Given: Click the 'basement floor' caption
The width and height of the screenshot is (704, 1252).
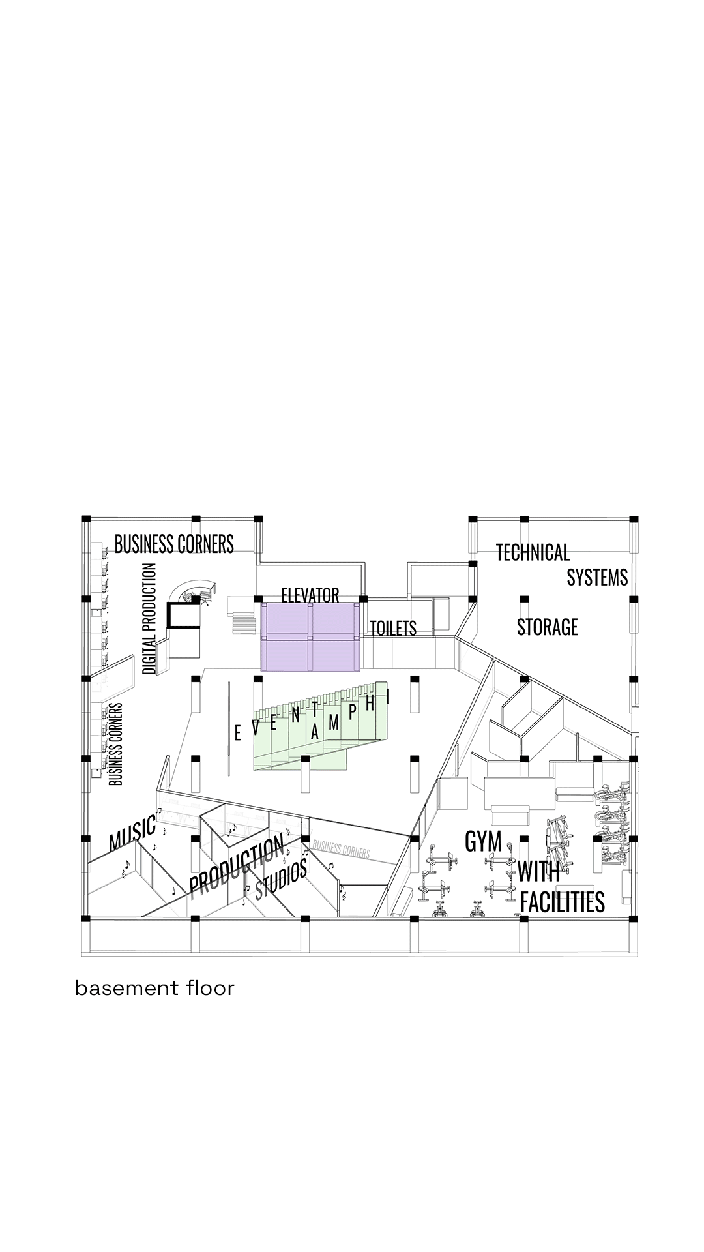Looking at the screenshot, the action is click(x=154, y=988).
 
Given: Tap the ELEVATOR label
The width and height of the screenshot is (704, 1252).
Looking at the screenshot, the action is click(x=310, y=595).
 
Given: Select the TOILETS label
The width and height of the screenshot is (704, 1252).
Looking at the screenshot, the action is click(x=393, y=628).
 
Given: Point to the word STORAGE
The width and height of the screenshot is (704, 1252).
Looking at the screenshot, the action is click(x=548, y=627).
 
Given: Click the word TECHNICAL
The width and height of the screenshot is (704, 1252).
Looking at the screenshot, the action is click(x=533, y=552).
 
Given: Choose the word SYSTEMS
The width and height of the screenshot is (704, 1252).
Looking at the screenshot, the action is click(x=597, y=577).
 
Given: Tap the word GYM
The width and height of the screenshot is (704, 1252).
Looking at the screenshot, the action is click(x=483, y=841).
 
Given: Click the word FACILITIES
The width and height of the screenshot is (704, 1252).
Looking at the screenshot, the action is click(x=563, y=902).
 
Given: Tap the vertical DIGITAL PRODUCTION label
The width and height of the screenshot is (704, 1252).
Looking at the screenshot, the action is click(x=149, y=619).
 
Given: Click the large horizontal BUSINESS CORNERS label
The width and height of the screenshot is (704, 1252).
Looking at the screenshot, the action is click(x=174, y=544).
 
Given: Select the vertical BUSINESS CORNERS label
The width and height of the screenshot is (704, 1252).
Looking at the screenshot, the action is click(x=116, y=743).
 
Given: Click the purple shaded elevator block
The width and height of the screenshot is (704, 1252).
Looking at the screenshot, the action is click(x=310, y=636).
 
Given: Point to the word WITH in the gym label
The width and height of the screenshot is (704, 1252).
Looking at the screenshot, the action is click(x=538, y=871).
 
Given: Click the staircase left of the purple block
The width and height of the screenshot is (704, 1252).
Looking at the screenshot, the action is click(x=246, y=621).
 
